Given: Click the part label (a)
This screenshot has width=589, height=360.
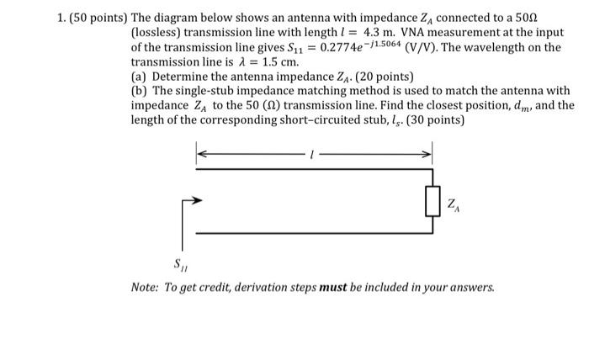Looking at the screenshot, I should (x=141, y=77).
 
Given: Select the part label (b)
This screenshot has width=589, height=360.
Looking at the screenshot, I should (x=141, y=92).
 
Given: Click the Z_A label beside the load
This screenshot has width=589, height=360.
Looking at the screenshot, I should (x=455, y=204).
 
